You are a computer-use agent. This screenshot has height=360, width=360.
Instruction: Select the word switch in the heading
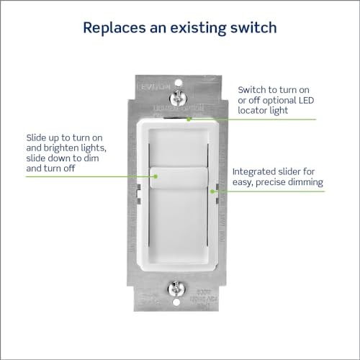tap(251, 28)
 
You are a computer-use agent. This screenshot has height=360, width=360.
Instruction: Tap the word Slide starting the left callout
tap(37, 135)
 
